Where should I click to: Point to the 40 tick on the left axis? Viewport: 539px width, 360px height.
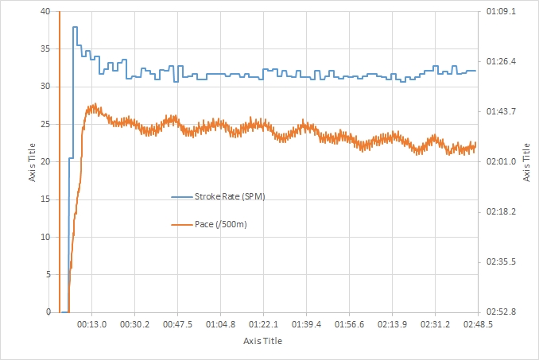(45, 11)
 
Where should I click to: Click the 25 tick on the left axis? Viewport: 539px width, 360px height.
(45, 124)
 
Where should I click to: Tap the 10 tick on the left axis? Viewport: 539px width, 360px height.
(45, 237)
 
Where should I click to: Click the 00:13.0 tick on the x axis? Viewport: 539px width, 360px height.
(92, 324)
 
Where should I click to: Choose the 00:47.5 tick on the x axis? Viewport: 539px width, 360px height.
(178, 324)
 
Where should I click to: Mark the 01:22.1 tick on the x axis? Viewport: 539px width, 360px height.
(264, 324)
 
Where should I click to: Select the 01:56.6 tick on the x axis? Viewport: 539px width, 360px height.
(350, 324)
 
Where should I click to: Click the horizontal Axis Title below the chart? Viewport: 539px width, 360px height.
(262, 341)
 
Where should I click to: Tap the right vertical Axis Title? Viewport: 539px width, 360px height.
(527, 162)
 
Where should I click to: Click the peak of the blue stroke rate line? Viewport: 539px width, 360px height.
(75, 27)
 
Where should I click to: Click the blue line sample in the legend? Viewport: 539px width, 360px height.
(181, 196)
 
